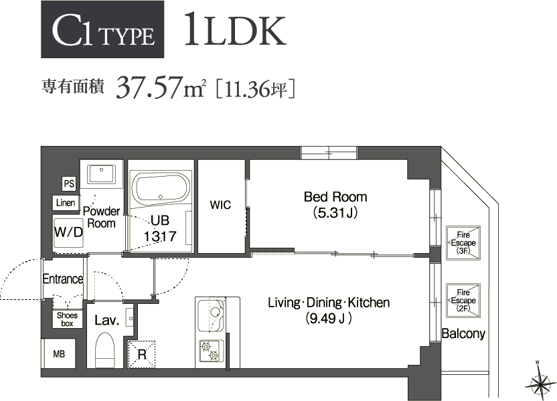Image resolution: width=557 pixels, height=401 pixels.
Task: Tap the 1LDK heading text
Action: click(x=234, y=29)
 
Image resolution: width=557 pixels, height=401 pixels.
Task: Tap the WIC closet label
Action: click(x=220, y=205)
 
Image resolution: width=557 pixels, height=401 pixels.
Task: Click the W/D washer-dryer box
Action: click(x=68, y=233)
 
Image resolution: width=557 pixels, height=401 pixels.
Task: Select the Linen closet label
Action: click(x=66, y=203)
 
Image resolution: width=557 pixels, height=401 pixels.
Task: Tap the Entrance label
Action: click(x=63, y=278)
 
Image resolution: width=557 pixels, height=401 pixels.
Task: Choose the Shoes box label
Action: click(x=68, y=319)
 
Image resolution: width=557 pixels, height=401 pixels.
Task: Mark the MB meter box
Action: click(x=59, y=354)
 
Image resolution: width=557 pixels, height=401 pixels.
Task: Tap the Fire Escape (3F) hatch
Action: click(x=462, y=242)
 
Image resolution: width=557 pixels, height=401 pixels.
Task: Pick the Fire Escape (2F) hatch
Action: click(x=462, y=301)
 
